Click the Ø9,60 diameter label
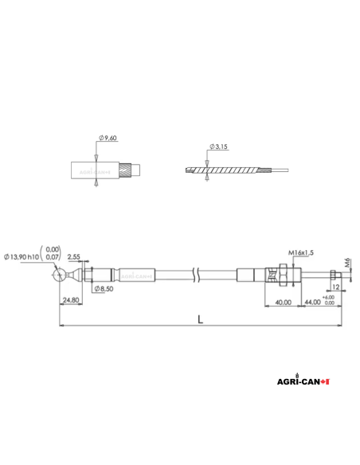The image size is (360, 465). click(109, 139)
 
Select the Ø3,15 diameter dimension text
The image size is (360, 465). click(219, 147)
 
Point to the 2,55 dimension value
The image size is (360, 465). click(74, 256)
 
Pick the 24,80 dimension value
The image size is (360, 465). click(70, 300)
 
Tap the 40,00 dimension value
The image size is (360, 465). click(282, 302)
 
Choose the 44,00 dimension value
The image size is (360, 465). click(311, 302)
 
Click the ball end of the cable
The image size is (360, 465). click(60, 275)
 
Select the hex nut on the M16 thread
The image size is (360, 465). click(276, 275)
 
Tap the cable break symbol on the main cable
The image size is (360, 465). click(197, 275)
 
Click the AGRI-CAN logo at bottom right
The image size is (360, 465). click(300, 381)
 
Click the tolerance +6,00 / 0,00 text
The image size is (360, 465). click(329, 300)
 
